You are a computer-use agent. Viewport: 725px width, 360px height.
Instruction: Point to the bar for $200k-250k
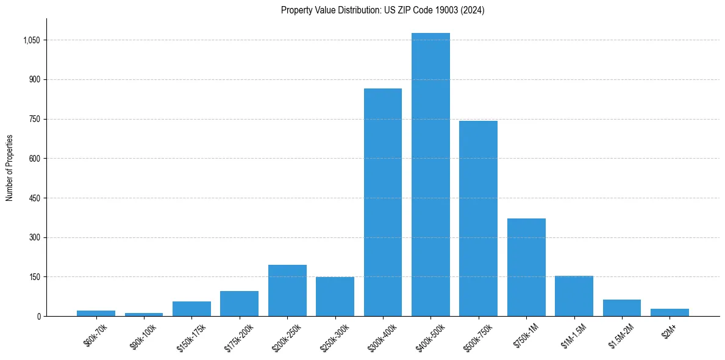(x=287, y=290)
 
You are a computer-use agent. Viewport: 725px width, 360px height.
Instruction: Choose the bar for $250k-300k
(x=335, y=297)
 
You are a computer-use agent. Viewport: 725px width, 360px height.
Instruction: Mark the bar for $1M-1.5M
(x=574, y=296)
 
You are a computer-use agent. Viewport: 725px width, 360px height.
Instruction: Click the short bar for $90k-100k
(x=144, y=314)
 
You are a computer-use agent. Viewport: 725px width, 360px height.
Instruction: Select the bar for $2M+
(x=670, y=312)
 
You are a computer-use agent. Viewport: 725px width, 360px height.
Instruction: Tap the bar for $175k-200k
(x=239, y=304)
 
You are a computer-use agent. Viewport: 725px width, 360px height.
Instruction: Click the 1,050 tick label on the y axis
(x=32, y=40)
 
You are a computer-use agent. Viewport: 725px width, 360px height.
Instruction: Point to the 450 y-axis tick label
(x=35, y=198)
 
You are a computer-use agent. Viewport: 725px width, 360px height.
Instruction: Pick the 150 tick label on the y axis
(x=35, y=277)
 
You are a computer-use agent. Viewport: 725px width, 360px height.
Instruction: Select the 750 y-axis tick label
(x=35, y=119)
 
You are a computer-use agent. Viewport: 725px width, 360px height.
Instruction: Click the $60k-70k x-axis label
(x=96, y=336)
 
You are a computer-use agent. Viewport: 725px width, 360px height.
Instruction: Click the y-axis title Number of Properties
(x=10, y=167)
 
